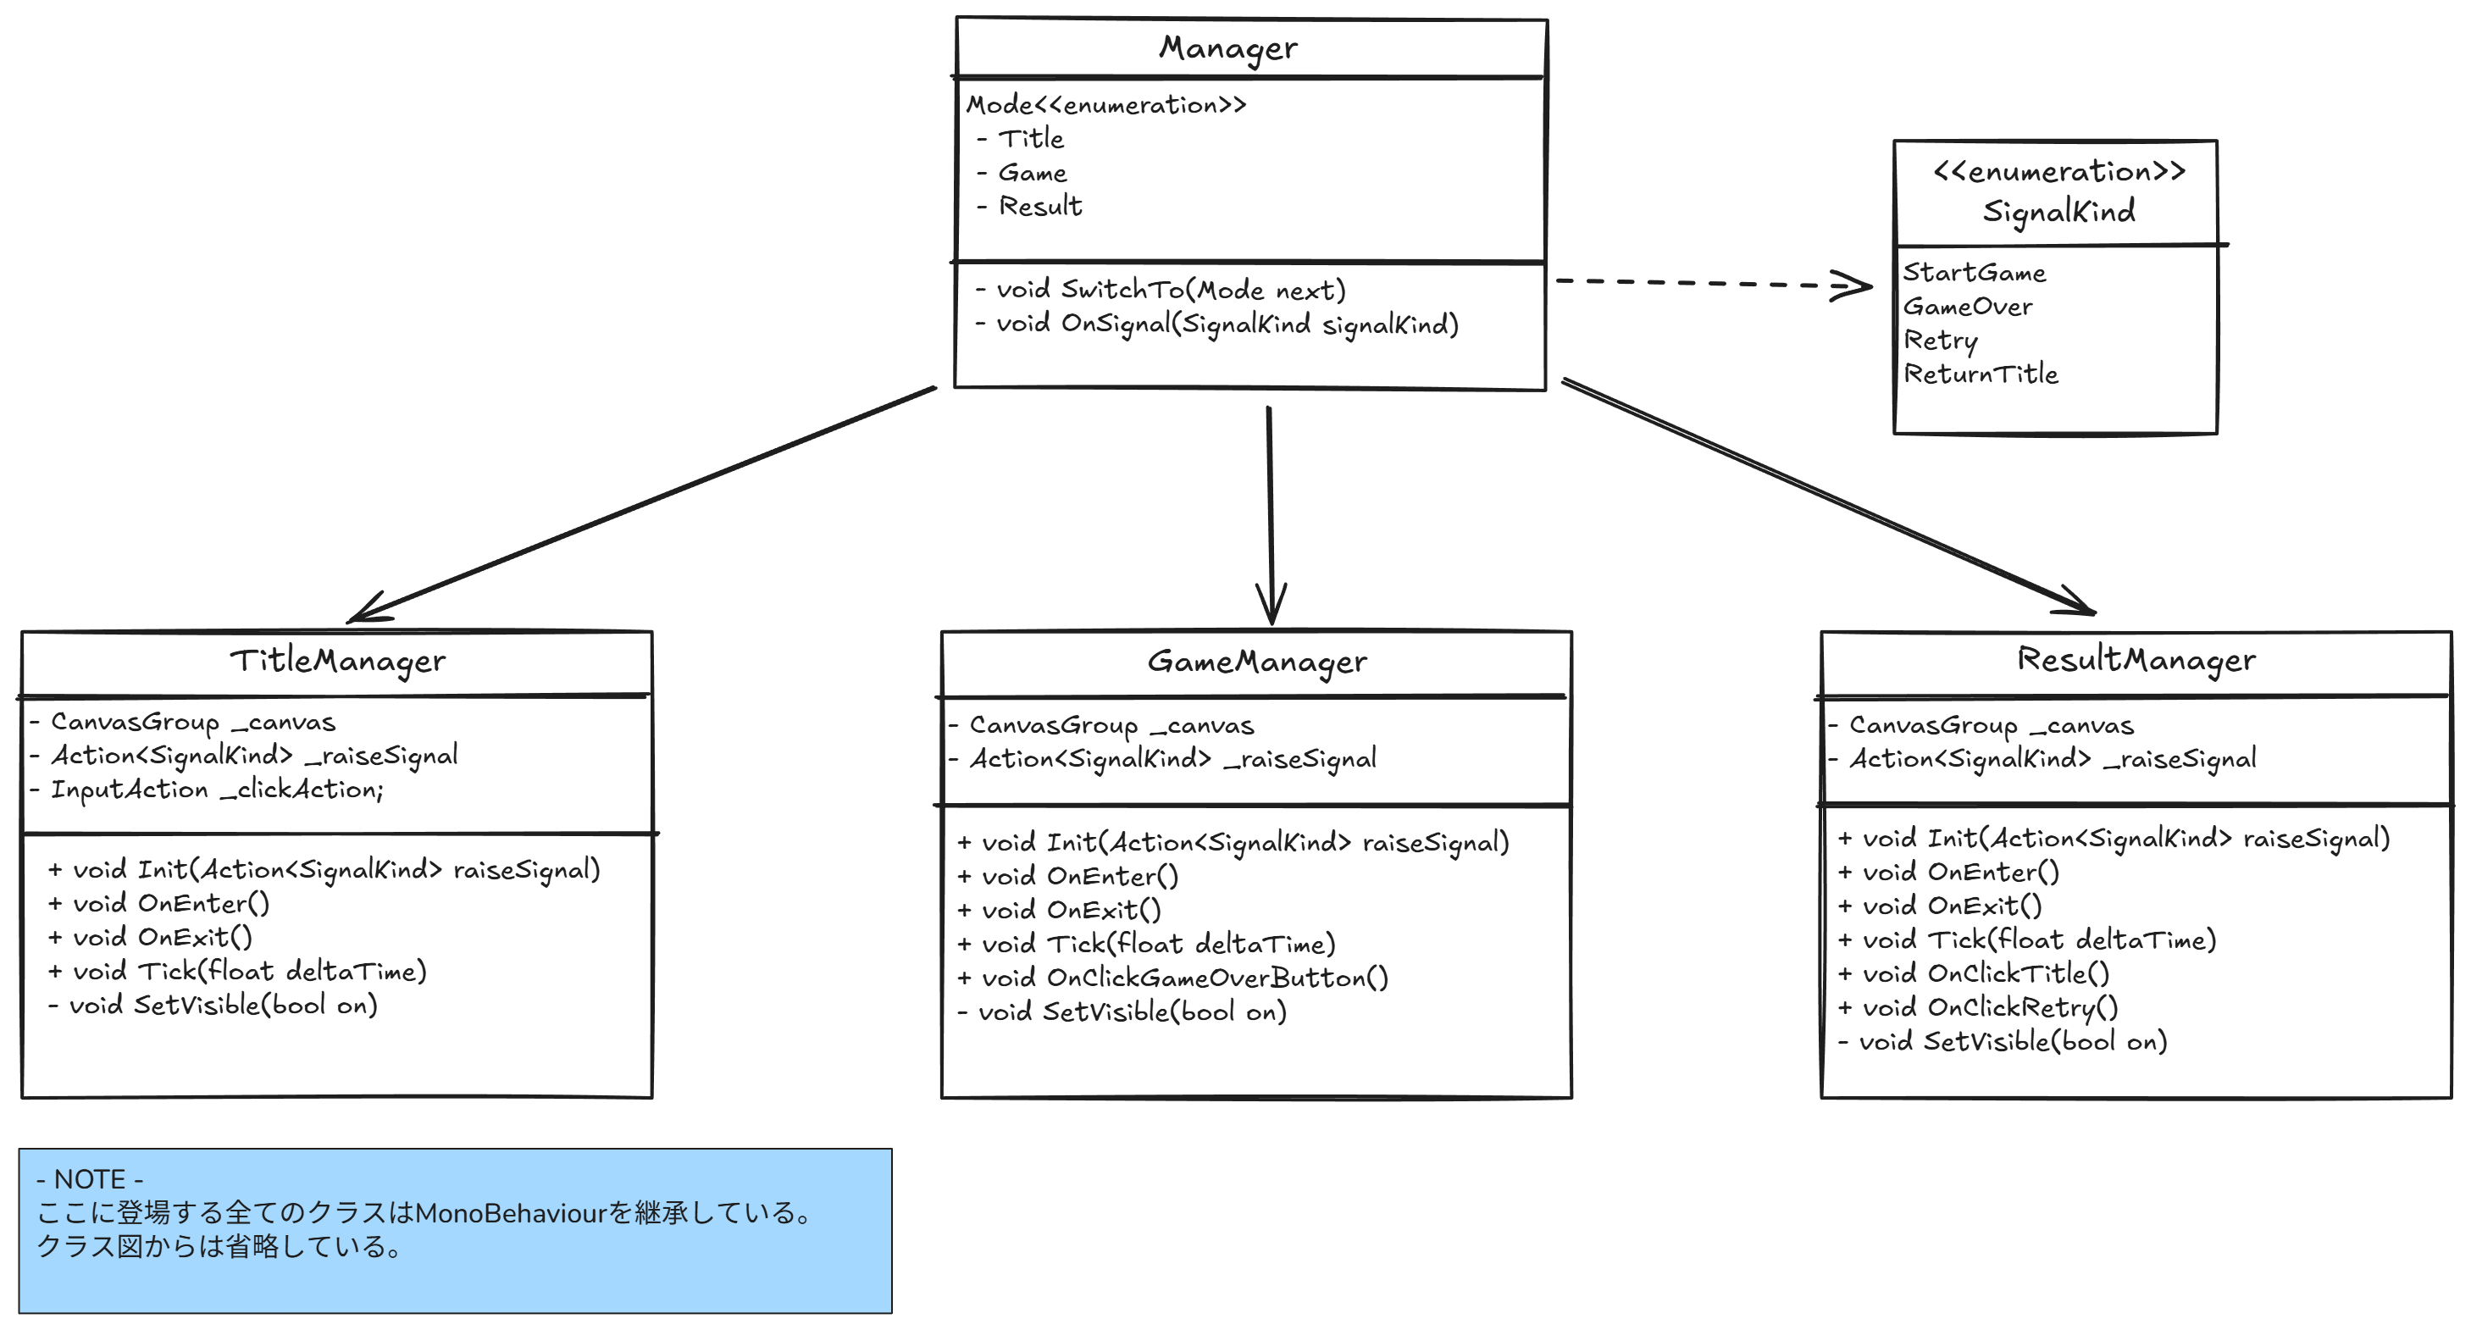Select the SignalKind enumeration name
pyautogui.click(x=2058, y=211)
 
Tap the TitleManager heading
pyautogui.click(x=338, y=660)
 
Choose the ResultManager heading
pyautogui.click(x=2136, y=659)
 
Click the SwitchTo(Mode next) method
pyautogui.click(x=1170, y=290)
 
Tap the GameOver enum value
pyautogui.click(x=1968, y=307)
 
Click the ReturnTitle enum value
pyautogui.click(x=1981, y=374)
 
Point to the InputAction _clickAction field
pyautogui.click(x=216, y=790)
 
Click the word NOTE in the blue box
pyautogui.click(x=89, y=1179)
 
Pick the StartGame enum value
pyautogui.click(x=1974, y=274)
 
